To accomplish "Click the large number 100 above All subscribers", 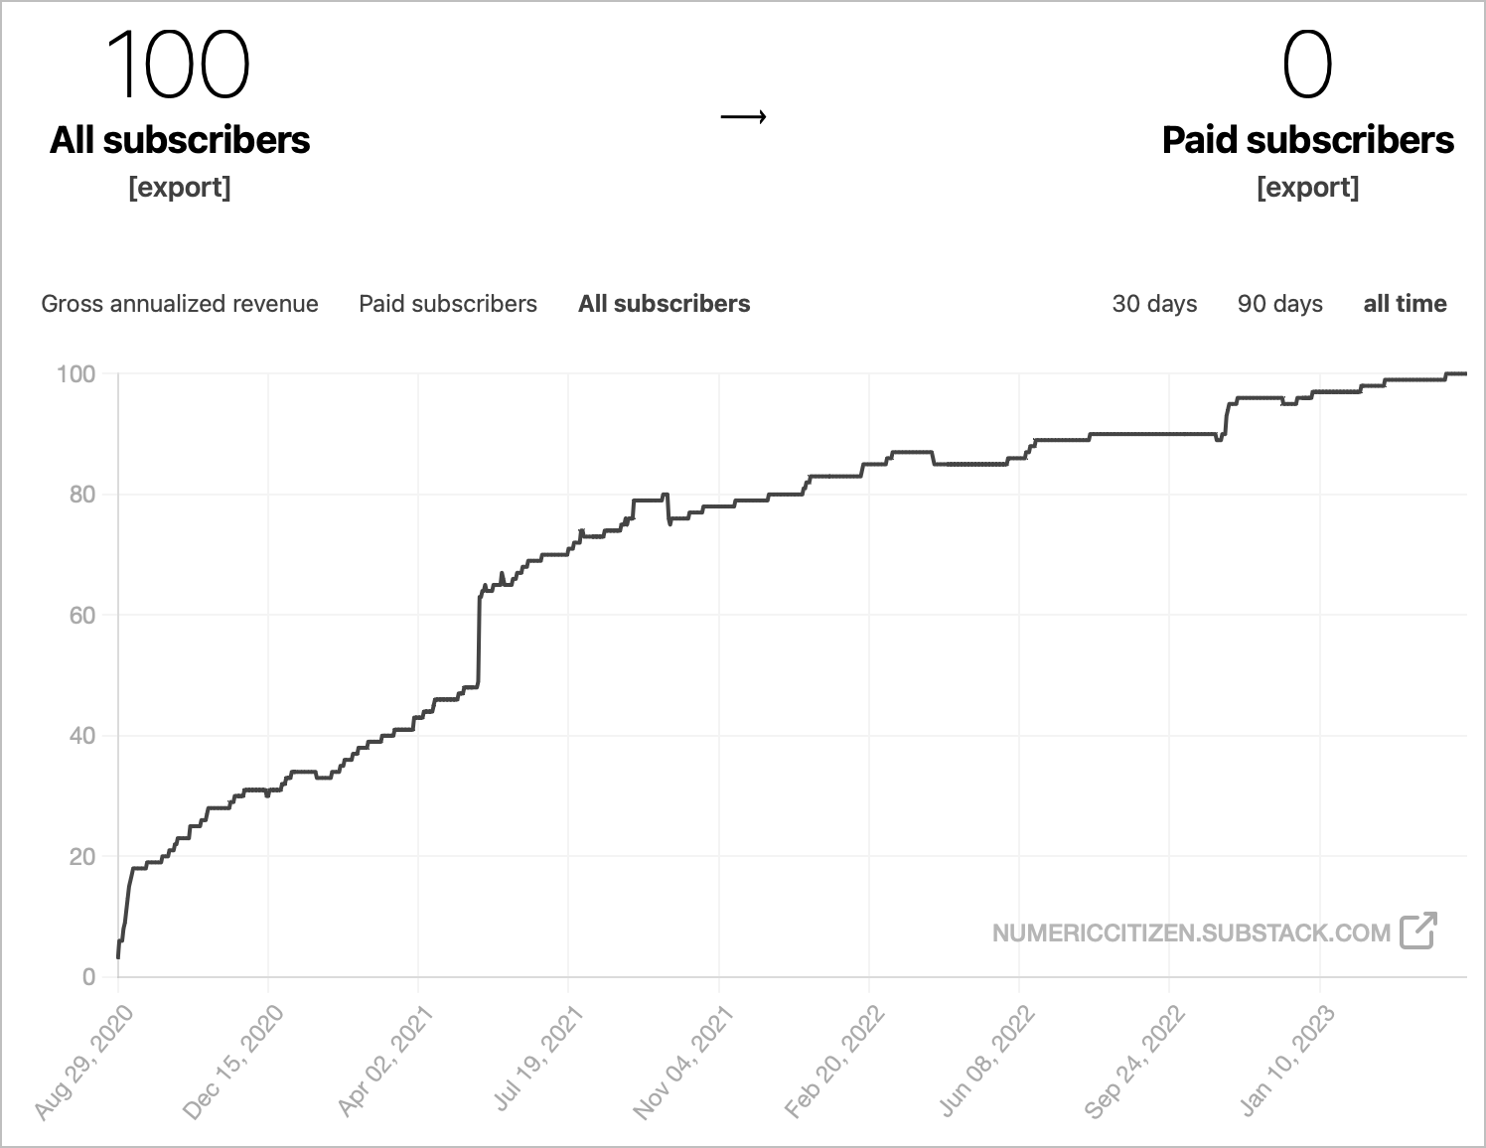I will coord(178,65).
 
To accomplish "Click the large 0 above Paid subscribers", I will coord(1306,65).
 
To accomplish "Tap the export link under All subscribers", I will coord(180,187).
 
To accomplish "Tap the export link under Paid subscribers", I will coord(1307,187).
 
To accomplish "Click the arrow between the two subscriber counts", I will coord(743,117).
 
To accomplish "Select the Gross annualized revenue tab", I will coord(180,304).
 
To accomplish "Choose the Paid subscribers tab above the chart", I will coord(448,304).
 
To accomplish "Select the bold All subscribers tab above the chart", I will coord(665,304).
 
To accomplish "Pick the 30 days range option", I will coord(1154,304).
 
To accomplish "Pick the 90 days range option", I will coord(1279,304).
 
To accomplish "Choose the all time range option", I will coord(1405,304).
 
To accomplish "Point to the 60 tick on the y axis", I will coord(82,616).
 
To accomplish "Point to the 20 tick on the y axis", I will coord(82,857).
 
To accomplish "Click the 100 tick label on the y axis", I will coord(76,374).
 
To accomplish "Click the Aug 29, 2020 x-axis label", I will coord(84,1062).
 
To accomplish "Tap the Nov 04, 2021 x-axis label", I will coord(685,1062).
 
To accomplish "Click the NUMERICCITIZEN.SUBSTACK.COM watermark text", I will coord(1191,933).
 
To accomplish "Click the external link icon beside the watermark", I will coord(1417,931).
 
